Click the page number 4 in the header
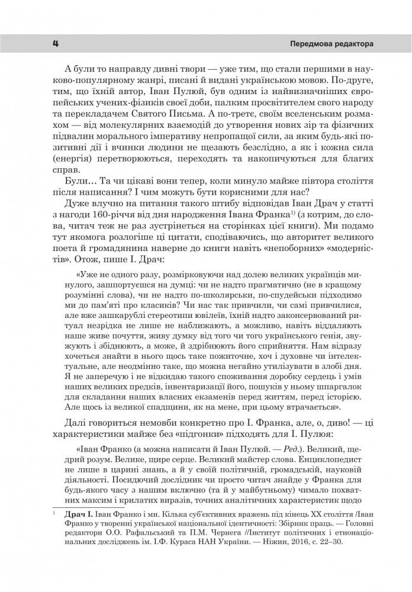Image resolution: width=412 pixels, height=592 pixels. point(54,44)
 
